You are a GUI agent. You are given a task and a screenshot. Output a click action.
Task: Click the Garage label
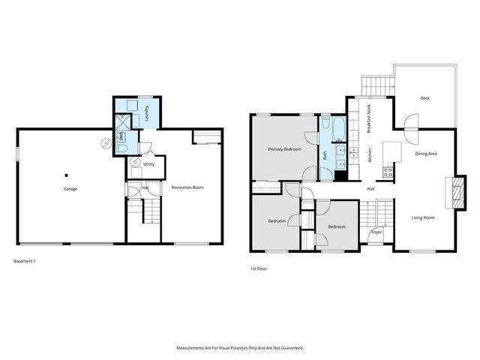pyautogui.click(x=70, y=189)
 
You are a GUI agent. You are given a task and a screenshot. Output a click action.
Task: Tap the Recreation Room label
pyautogui.click(x=187, y=187)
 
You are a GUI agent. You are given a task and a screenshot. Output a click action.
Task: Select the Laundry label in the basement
pyautogui.click(x=147, y=113)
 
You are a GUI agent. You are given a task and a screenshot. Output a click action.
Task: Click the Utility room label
pyautogui.click(x=148, y=163)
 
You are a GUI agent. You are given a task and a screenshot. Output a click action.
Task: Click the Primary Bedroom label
pyautogui.click(x=285, y=149)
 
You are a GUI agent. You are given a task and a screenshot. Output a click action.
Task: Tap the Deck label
pyautogui.click(x=424, y=98)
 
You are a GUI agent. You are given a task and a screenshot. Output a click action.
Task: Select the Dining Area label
pyautogui.click(x=427, y=154)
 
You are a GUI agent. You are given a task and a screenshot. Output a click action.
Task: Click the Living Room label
pyautogui.click(x=423, y=217)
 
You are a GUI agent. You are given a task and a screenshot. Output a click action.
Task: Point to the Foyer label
pyautogui.click(x=376, y=232)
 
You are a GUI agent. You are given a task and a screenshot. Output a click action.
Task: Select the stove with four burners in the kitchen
pyautogui.click(x=389, y=171)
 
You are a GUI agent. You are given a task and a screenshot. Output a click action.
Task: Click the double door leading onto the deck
pyautogui.click(x=410, y=129)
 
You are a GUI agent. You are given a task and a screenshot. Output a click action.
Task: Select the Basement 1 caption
pyautogui.click(x=25, y=261)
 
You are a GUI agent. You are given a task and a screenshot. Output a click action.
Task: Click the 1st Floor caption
pyautogui.click(x=259, y=268)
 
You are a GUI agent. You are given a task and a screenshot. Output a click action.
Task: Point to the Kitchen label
pyautogui.click(x=370, y=155)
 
